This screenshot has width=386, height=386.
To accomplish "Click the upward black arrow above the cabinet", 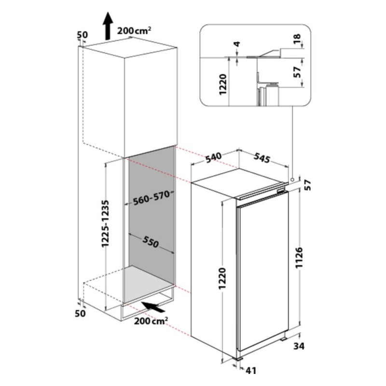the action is click(x=108, y=26).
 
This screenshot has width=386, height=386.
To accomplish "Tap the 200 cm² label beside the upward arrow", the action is click(x=134, y=31).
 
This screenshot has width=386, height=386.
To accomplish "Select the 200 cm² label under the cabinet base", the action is click(x=151, y=320).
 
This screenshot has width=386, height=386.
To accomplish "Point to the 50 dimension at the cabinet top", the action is click(x=82, y=35).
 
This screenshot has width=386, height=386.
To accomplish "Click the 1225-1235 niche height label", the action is click(x=105, y=223).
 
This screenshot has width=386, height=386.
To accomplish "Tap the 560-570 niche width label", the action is click(x=152, y=198).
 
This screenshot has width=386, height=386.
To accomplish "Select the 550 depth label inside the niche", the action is click(x=151, y=241).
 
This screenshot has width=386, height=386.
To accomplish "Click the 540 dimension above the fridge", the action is click(x=214, y=158).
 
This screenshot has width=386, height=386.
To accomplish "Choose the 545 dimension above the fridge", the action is click(x=262, y=158).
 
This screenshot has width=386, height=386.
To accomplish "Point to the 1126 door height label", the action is click(x=299, y=258).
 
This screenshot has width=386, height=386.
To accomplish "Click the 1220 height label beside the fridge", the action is click(x=222, y=278).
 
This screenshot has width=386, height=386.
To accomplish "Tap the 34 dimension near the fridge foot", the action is click(x=299, y=346).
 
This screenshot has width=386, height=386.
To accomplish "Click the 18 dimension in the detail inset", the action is click(x=297, y=39).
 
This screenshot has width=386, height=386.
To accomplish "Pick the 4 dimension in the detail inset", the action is click(x=237, y=44).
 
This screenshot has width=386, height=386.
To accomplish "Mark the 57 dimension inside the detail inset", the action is click(x=297, y=72).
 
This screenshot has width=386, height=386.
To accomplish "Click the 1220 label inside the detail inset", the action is click(x=223, y=84).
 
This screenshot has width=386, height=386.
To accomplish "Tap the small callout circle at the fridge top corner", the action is click(x=292, y=179).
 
